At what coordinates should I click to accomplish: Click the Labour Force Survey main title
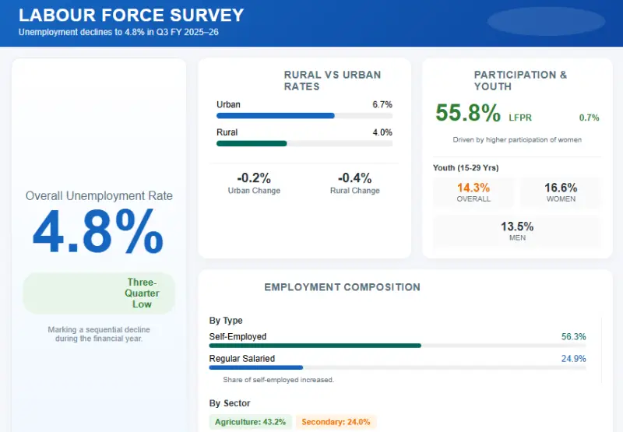click(x=131, y=15)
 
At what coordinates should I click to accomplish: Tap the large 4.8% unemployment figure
click(x=98, y=231)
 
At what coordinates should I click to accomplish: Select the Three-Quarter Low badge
click(x=143, y=293)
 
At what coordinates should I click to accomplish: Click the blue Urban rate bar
click(x=275, y=115)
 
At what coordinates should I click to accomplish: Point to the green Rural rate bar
click(x=252, y=143)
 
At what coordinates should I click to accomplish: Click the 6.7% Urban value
click(x=382, y=104)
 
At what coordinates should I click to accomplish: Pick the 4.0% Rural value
click(x=382, y=132)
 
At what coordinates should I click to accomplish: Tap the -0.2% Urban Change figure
click(x=254, y=177)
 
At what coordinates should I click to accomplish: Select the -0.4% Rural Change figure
click(x=354, y=177)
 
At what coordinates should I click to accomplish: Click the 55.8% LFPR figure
click(x=467, y=114)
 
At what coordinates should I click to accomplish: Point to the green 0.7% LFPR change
click(x=589, y=118)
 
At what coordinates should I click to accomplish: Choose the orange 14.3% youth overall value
click(x=473, y=188)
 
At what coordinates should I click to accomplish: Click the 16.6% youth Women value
click(x=561, y=188)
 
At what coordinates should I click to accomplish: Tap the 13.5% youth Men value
click(x=517, y=227)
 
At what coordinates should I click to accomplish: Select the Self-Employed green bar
click(x=315, y=345)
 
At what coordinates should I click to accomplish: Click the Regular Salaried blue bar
click(x=255, y=367)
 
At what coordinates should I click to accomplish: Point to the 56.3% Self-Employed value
click(x=573, y=337)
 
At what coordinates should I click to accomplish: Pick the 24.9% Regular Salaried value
click(x=573, y=359)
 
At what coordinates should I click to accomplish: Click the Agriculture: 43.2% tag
click(x=251, y=422)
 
